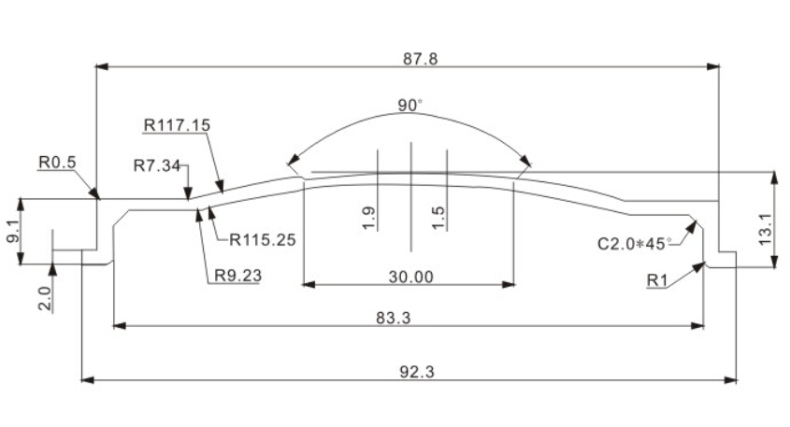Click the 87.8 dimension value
tap(420, 59)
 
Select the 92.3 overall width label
tap(417, 372)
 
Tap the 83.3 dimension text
tap(393, 318)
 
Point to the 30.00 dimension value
tap(410, 277)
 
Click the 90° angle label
tap(409, 106)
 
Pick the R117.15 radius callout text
tap(177, 125)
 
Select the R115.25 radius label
tap(262, 240)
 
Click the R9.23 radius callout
tap(237, 276)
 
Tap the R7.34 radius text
tap(157, 165)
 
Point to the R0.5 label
tap(57, 163)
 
